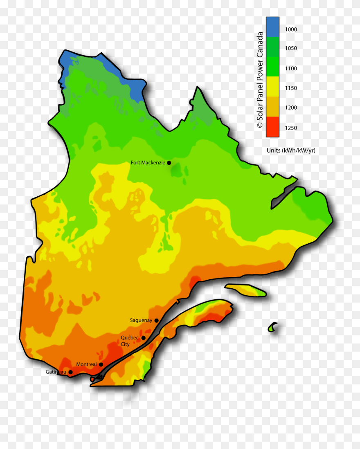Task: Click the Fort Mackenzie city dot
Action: (x=169, y=163)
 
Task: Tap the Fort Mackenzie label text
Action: (x=148, y=163)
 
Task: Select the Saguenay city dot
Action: (x=156, y=321)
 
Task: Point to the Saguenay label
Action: (x=141, y=320)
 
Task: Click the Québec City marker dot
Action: (x=143, y=338)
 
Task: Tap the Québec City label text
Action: (x=130, y=341)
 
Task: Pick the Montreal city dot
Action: (x=101, y=364)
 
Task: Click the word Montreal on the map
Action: (x=86, y=364)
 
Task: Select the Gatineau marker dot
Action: (x=70, y=372)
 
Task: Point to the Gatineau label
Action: (x=56, y=372)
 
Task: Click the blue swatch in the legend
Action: (x=272, y=27)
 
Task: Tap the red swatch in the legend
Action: (x=272, y=127)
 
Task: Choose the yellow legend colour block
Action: (x=272, y=87)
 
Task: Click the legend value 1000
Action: (x=291, y=29)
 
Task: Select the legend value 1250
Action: (x=291, y=128)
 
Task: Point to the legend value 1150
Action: (x=291, y=88)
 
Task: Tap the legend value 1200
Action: (x=291, y=108)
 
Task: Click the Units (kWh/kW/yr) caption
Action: (x=291, y=150)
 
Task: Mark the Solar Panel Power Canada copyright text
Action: (x=260, y=80)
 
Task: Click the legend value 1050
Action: (x=291, y=48)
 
